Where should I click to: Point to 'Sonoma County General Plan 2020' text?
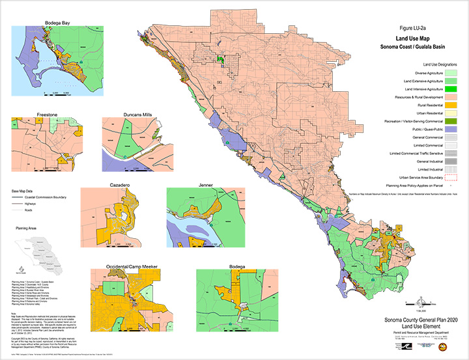[x=421, y=321]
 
